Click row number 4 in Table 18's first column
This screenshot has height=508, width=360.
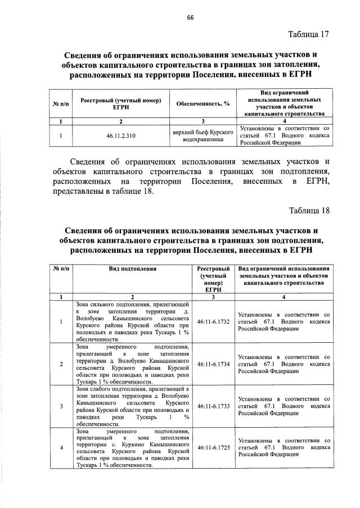(60, 448)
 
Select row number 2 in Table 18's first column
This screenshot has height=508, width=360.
(60, 364)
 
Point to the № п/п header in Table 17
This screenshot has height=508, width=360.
(60, 103)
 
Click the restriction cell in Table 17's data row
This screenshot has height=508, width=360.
(284, 135)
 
